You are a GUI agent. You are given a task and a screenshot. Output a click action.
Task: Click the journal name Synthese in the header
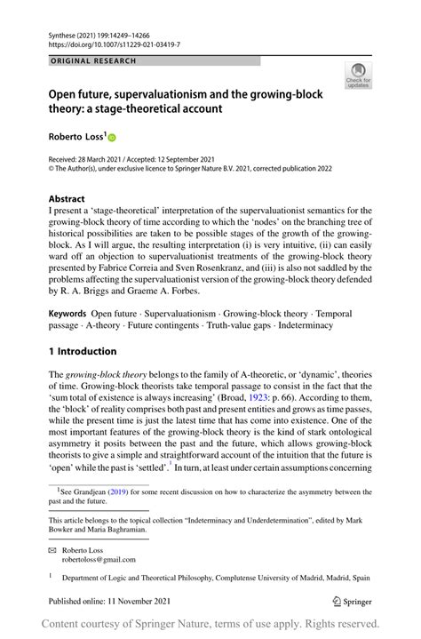click(x=63, y=33)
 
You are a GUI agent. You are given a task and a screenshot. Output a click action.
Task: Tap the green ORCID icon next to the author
click(x=112, y=137)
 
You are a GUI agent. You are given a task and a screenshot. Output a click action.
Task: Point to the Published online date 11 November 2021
click(x=131, y=602)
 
